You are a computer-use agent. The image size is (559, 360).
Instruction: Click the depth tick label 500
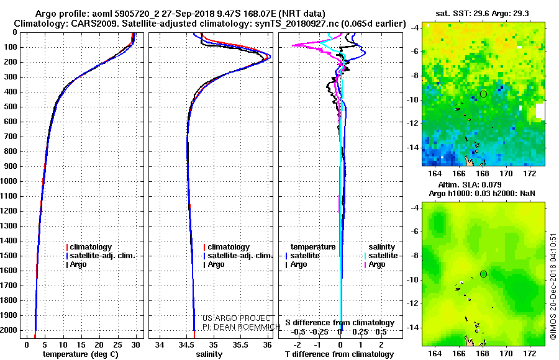(x=11, y=107)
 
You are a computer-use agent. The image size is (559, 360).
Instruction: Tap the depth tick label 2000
(x=9, y=330)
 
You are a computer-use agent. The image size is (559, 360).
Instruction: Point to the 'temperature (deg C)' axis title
(x=81, y=354)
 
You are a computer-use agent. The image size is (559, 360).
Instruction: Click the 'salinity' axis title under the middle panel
(x=209, y=354)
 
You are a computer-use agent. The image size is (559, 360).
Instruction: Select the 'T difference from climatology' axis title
(x=339, y=354)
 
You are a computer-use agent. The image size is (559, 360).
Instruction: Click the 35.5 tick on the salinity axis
(x=240, y=344)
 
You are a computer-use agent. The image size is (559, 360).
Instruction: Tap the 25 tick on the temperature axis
(x=117, y=344)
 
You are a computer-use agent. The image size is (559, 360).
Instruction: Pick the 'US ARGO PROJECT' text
(x=237, y=318)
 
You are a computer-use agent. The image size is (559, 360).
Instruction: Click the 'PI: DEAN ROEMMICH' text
(x=242, y=327)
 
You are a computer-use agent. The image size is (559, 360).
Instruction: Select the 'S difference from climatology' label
(x=340, y=323)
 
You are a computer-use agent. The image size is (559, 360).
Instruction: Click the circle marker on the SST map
(x=483, y=94)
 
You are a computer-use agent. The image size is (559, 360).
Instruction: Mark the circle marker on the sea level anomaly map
(x=483, y=274)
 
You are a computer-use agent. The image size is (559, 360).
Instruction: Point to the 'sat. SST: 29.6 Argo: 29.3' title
(x=483, y=14)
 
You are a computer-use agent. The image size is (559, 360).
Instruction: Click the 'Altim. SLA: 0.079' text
(x=470, y=184)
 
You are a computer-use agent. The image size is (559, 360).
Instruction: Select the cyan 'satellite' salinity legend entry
(x=381, y=256)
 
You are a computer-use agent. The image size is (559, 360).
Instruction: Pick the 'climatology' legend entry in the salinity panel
(x=226, y=247)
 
